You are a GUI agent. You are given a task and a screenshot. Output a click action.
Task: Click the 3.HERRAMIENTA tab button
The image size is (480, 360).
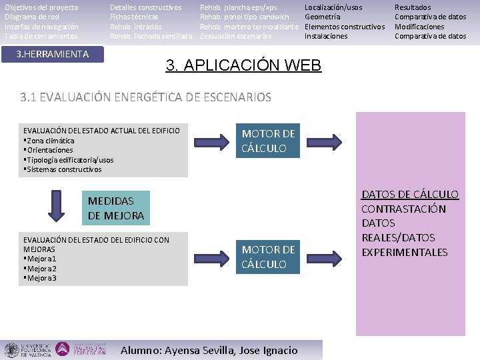(x=53, y=53)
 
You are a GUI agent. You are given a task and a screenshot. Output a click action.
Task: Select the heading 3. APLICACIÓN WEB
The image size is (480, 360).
(x=243, y=65)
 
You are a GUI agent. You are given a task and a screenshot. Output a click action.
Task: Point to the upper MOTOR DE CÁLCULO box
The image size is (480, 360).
(x=268, y=141)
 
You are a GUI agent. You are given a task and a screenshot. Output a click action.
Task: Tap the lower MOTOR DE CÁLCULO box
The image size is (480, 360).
(x=268, y=257)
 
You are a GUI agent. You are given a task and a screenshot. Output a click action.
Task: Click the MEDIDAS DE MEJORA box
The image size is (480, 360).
(x=116, y=208)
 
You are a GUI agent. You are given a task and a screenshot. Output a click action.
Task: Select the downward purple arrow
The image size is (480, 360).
(x=57, y=205)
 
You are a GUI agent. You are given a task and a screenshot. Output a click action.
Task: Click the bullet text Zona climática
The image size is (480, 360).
(x=51, y=141)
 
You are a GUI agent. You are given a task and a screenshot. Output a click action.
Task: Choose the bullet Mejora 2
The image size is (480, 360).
(x=42, y=269)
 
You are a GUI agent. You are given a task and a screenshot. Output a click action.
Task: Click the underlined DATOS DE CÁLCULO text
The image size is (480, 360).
(x=410, y=194)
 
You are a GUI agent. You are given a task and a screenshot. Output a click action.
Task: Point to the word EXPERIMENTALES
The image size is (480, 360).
(x=405, y=252)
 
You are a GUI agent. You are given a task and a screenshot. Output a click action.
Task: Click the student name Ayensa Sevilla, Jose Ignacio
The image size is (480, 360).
(x=209, y=350)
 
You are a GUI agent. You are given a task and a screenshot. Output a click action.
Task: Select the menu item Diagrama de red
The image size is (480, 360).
(x=32, y=17)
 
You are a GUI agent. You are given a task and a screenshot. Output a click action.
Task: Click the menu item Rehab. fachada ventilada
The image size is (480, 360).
(x=151, y=36)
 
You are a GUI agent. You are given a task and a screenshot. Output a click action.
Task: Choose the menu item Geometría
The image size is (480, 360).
(x=323, y=17)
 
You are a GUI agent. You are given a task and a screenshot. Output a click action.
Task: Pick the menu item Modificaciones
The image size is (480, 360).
(x=419, y=27)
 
